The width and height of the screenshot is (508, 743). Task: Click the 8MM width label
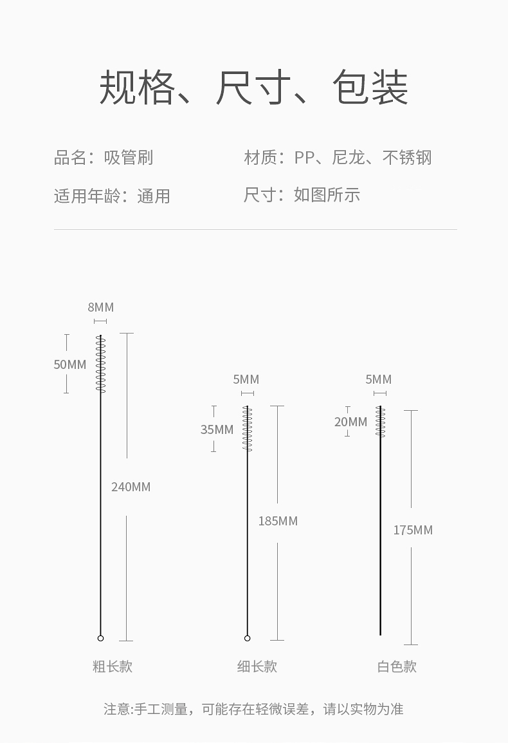coord(100,307)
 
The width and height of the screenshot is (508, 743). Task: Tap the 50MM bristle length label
coord(69,364)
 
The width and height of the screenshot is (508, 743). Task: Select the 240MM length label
coord(131,487)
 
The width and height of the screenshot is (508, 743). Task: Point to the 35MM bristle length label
coord(217,429)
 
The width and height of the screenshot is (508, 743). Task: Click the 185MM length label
coord(278,521)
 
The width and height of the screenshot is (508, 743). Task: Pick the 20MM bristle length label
coord(350,422)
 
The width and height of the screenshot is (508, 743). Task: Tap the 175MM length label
coord(413,530)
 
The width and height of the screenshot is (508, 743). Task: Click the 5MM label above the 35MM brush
coord(246,379)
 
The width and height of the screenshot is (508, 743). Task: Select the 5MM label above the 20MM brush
coord(378,379)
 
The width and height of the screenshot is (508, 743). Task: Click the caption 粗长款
coord(113,666)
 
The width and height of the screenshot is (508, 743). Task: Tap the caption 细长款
coord(257,666)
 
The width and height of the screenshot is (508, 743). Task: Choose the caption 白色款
coord(397,666)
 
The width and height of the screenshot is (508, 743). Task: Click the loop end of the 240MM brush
coord(100,638)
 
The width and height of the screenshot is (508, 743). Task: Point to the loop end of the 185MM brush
coord(248,638)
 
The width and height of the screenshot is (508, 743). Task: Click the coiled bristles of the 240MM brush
coord(100,364)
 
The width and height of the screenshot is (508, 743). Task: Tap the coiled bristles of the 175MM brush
coord(380,422)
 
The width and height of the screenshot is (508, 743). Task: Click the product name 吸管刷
coord(129,157)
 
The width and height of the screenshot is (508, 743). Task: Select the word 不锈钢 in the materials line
coord(407,157)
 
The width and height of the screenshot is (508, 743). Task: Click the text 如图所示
coord(327,194)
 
